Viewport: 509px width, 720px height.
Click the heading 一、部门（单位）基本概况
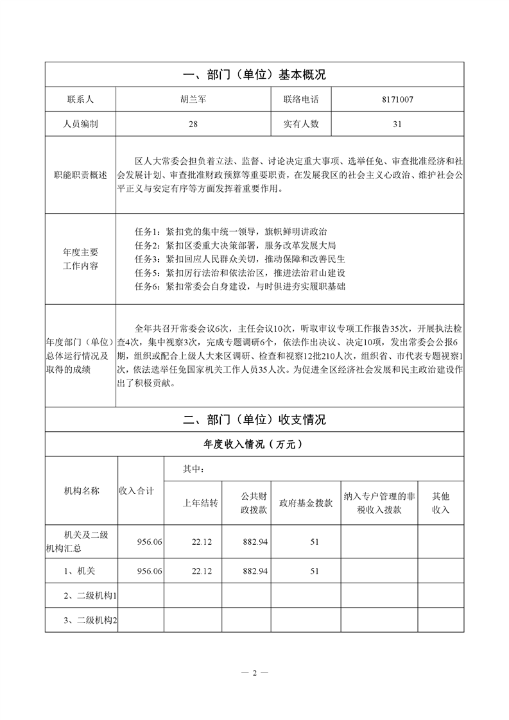pos(254,75)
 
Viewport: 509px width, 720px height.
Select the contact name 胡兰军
pos(193,99)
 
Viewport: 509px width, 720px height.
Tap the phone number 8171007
pos(397,99)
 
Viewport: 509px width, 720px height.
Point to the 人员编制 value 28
pos(193,124)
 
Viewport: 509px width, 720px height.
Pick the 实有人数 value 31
pos(397,124)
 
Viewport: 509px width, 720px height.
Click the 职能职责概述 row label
pos(80,175)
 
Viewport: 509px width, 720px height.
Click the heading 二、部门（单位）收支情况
pos(254,420)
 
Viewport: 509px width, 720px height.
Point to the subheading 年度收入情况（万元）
pos(254,444)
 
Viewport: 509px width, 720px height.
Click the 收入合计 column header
pos(136,491)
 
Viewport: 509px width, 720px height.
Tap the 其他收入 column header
pos(440,502)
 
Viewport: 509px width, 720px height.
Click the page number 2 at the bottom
pos(254,673)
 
